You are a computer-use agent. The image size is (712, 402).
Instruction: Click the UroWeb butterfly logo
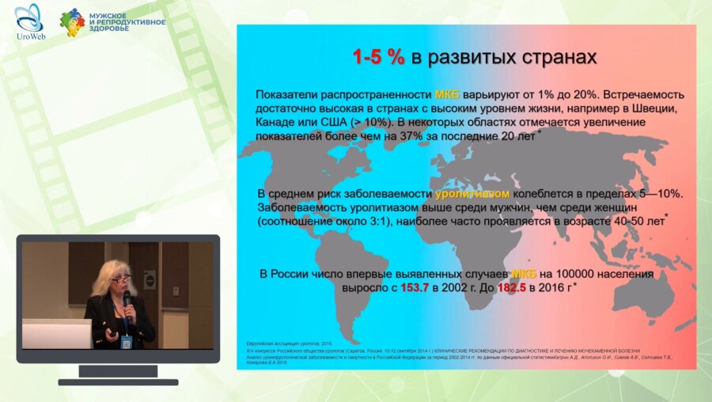point(28,17)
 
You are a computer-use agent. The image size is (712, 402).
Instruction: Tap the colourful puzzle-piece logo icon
point(72,22)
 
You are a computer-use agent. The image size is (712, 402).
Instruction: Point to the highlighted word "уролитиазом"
point(472,194)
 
